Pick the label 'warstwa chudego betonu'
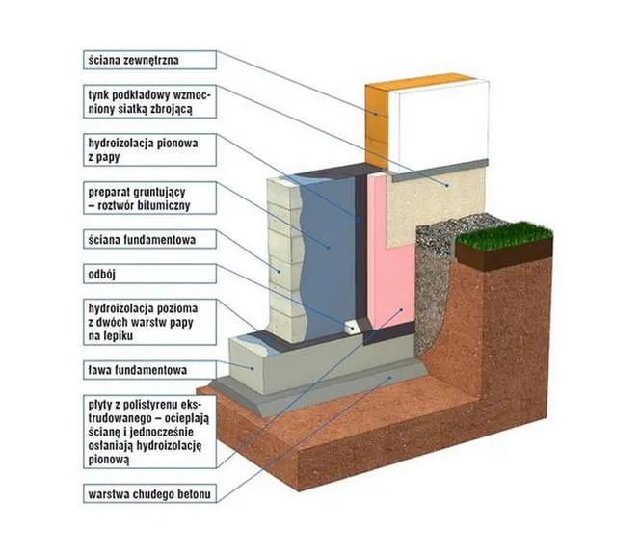pyautogui.click(x=147, y=495)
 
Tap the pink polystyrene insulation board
pyautogui.click(x=391, y=260)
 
